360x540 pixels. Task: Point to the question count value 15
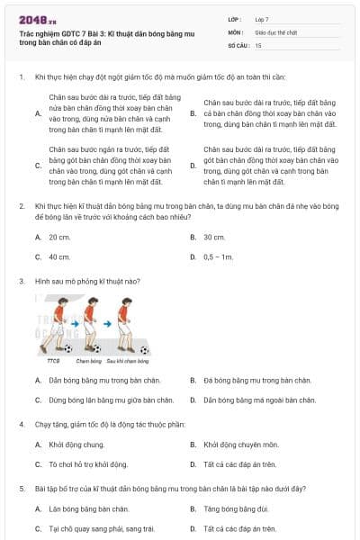pyautogui.click(x=258, y=44)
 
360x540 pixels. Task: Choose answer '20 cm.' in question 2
pyautogui.click(x=59, y=238)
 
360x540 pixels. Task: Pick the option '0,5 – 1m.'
pyautogui.click(x=218, y=256)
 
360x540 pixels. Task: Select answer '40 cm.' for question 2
pyautogui.click(x=59, y=256)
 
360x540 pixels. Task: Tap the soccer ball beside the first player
pyautogui.click(x=67, y=347)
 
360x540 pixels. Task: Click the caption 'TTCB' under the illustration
pyautogui.click(x=53, y=360)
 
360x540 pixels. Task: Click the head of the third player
pyautogui.click(x=128, y=301)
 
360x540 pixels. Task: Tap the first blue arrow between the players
pyautogui.click(x=76, y=323)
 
